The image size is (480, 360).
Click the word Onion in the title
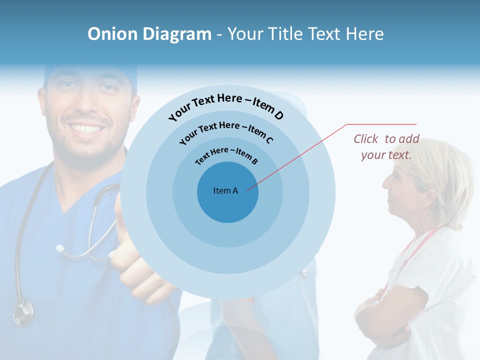[113, 34]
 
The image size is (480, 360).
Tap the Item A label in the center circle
[225, 190]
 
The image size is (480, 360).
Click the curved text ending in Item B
[226, 156]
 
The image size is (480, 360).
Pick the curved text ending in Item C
[226, 131]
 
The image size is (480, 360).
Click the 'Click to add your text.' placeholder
[386, 147]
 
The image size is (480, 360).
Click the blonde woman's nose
[386, 182]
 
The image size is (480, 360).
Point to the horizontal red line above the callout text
[381, 124]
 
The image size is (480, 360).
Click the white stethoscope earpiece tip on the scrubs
[60, 248]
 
